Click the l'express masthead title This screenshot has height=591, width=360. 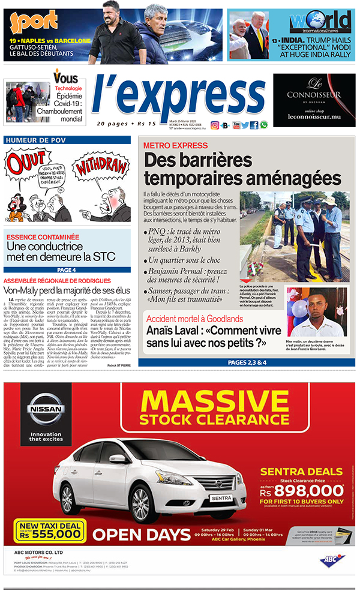[x=178, y=96]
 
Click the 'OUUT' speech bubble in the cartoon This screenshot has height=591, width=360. [x=28, y=163]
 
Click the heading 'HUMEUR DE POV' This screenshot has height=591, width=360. [x=30, y=140]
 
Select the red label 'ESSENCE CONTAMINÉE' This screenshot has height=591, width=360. [x=43, y=237]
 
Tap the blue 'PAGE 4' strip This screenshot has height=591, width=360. [x=67, y=270]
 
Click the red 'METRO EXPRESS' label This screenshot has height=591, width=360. [x=175, y=145]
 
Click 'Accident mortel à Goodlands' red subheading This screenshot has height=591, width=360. [x=195, y=319]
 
